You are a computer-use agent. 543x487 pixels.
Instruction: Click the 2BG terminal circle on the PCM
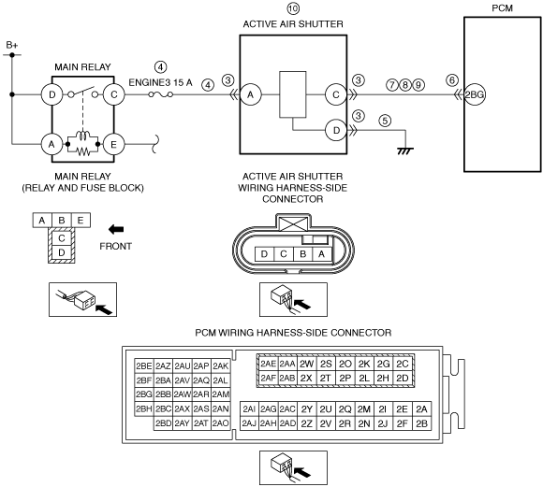[x=475, y=94]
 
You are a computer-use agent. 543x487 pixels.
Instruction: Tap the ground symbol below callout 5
[x=405, y=150]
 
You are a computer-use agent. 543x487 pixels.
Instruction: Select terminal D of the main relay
[x=51, y=94]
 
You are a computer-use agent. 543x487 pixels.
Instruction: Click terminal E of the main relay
[x=113, y=144]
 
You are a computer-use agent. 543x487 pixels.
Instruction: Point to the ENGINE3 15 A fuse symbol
[x=161, y=94]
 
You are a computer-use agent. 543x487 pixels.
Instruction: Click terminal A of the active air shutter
[x=250, y=94]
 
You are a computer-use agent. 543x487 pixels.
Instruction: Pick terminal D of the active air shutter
[x=336, y=131]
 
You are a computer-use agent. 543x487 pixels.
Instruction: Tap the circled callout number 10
[x=293, y=8]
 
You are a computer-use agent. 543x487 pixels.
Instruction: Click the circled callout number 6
[x=452, y=80]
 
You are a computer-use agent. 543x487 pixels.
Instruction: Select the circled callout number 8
[x=405, y=85]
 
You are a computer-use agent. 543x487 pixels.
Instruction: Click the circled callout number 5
[x=385, y=121]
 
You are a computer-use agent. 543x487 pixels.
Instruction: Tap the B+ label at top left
[x=12, y=45]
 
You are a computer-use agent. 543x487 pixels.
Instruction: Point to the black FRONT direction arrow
[x=116, y=229]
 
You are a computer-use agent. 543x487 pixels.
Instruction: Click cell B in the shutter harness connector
[x=302, y=254]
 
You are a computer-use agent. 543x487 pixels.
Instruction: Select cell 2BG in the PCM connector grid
[x=144, y=394]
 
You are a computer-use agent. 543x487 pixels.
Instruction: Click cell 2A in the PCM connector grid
[x=421, y=409]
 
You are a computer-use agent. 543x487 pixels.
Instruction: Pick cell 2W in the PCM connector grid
[x=306, y=364]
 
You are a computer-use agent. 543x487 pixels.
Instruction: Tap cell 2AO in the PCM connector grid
[x=220, y=423]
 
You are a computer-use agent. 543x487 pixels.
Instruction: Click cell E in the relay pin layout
[x=81, y=221]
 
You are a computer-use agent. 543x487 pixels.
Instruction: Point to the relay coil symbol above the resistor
[x=82, y=136]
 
